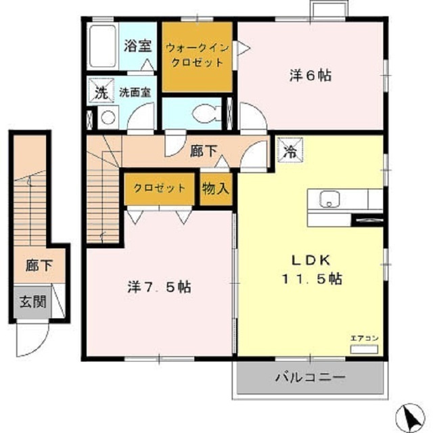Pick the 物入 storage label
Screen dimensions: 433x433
(215, 188)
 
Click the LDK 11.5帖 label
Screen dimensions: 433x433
(311, 269)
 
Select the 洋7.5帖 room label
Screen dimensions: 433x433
(158, 287)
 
